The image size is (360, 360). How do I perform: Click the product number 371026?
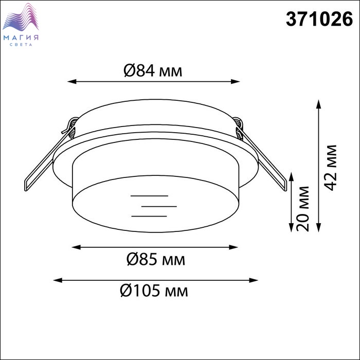(319, 20)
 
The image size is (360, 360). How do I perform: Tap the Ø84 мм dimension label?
(153, 70)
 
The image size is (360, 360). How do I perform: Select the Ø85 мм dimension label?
(156, 259)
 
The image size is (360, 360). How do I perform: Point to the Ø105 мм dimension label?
(154, 291)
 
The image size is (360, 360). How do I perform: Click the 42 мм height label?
(331, 168)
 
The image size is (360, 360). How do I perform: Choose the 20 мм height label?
(302, 209)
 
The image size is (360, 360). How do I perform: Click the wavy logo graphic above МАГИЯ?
(21, 17)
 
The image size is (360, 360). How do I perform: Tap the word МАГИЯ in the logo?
(21, 38)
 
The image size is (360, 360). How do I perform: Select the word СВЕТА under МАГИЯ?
(21, 45)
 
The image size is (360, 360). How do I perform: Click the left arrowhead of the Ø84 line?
(71, 81)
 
